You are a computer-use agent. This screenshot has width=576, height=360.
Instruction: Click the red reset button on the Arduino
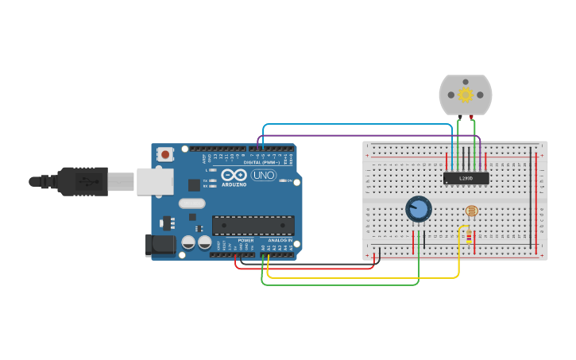point(164,154)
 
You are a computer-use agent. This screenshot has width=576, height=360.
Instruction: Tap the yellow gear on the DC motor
point(466,95)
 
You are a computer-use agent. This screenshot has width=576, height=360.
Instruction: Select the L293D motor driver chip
point(466,179)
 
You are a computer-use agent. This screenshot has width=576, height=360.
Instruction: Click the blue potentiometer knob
point(419,209)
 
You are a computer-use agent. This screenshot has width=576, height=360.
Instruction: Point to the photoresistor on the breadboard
point(472,211)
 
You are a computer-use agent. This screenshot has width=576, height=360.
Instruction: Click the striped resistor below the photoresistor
point(469,236)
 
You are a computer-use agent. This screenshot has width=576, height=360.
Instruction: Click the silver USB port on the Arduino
point(154,181)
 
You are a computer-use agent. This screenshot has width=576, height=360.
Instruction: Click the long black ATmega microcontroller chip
point(253,225)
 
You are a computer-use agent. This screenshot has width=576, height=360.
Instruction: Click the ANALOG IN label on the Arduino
point(279,239)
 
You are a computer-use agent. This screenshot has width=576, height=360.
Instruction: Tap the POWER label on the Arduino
point(245,239)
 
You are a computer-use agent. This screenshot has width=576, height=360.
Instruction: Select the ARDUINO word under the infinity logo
point(234,184)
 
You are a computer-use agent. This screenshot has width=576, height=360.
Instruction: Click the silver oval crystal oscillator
point(192,203)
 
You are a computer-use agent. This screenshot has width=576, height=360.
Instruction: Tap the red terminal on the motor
point(472,118)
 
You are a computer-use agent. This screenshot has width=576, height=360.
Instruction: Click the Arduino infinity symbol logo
point(234,175)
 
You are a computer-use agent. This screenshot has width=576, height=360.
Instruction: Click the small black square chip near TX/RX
point(194,185)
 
